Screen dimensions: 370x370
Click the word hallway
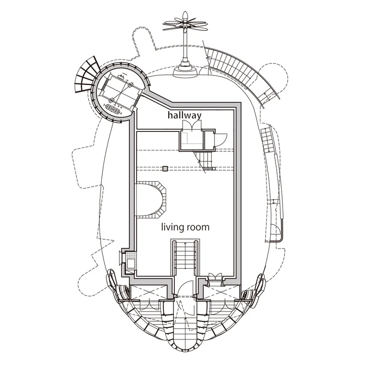pos(185,115)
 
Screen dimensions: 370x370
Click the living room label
pos(185,227)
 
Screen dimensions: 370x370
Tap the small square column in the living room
pos(165,168)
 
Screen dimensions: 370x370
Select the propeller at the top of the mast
pos(185,23)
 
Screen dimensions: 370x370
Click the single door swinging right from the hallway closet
pos(220,140)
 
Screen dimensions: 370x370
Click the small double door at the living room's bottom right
pos(216,277)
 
